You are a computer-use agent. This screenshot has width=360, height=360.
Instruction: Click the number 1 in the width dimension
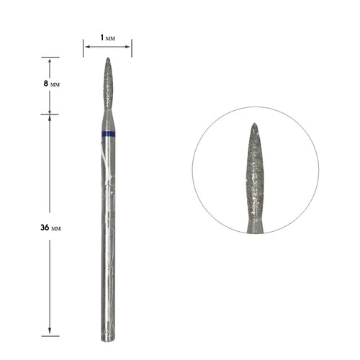tap(102, 37)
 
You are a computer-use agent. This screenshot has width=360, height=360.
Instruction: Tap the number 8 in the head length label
tap(46, 84)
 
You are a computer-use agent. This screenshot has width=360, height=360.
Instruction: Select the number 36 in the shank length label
tap(45, 228)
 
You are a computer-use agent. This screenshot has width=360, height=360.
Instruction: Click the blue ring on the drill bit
tap(108, 134)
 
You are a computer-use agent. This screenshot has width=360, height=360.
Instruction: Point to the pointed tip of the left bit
tap(108, 58)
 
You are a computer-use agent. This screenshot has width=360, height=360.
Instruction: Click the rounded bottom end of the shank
tap(108, 339)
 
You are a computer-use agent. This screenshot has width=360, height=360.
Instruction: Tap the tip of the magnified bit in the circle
tap(254, 124)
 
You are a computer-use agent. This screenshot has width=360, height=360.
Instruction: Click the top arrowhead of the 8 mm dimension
tap(50, 60)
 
